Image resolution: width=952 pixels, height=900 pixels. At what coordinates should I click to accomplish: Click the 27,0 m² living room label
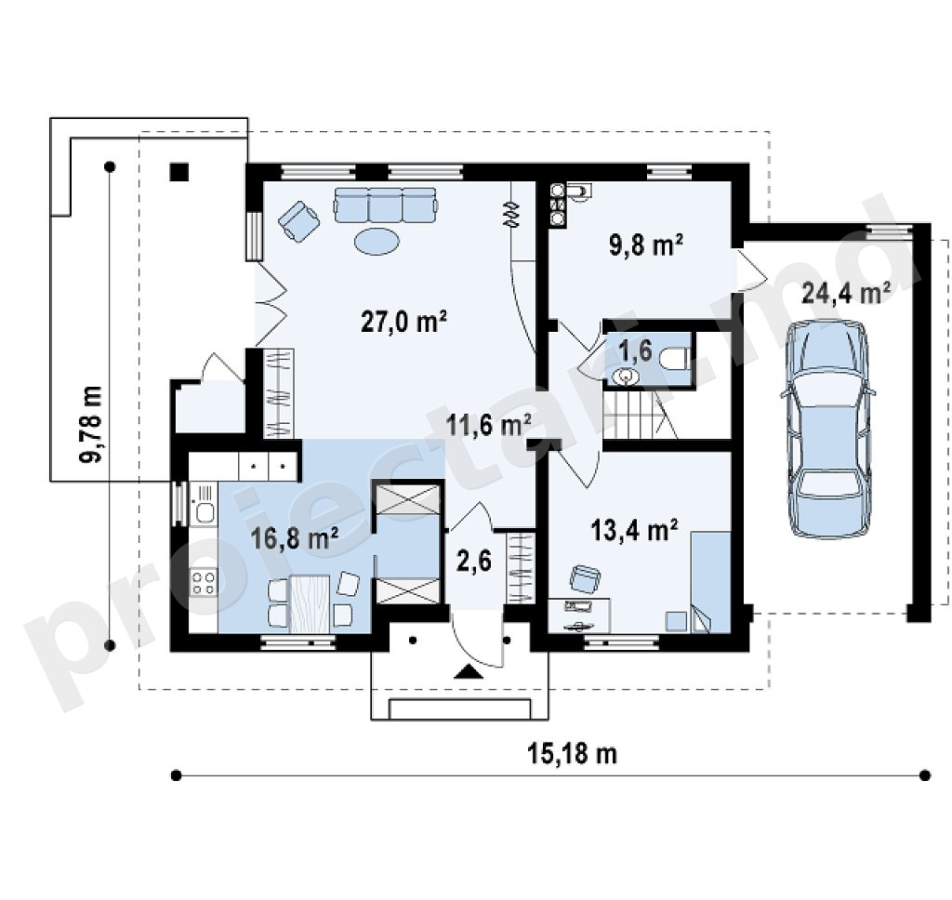[403, 322]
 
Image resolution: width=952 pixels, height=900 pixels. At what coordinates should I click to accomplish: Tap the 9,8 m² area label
[645, 245]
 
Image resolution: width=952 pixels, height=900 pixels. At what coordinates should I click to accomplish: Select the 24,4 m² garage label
[846, 293]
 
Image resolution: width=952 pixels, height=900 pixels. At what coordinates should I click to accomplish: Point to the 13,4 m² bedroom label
[634, 530]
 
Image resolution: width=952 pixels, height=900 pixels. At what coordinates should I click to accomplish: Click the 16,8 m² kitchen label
[295, 538]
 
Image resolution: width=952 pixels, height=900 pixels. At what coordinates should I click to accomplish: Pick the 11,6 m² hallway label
[489, 425]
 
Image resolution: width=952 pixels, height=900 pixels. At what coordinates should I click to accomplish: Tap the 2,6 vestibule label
[473, 562]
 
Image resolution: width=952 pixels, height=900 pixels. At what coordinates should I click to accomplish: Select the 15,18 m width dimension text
[572, 754]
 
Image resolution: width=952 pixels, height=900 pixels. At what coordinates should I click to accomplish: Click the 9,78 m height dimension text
[91, 425]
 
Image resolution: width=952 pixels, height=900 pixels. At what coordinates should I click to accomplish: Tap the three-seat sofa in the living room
[385, 205]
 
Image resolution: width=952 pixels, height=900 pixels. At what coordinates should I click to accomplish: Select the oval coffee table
[377, 241]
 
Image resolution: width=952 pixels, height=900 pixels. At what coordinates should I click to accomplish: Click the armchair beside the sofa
[298, 221]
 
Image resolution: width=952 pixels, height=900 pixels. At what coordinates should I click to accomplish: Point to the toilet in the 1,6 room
[674, 358]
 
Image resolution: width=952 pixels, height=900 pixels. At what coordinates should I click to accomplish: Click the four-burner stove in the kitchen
[204, 582]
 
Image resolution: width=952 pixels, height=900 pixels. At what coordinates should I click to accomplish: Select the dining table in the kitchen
[310, 603]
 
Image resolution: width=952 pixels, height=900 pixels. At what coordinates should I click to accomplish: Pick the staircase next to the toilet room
[640, 415]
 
